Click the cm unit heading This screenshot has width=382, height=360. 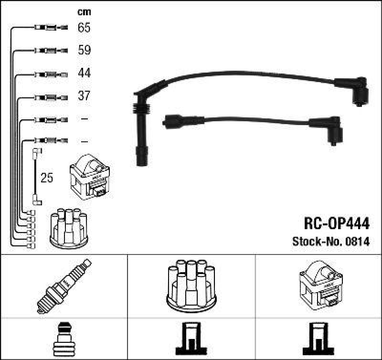pos(84,12)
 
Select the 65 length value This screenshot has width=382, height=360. pos(84,28)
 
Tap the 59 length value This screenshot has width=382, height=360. pos(84,50)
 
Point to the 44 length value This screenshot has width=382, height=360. pos(84,74)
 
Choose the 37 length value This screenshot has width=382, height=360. pos(84,96)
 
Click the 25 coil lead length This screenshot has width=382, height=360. pos(47,179)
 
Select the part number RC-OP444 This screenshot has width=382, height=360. pos(336,223)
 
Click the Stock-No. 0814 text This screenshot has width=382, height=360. pos(330,242)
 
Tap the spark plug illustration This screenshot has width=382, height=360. pos(64,286)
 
